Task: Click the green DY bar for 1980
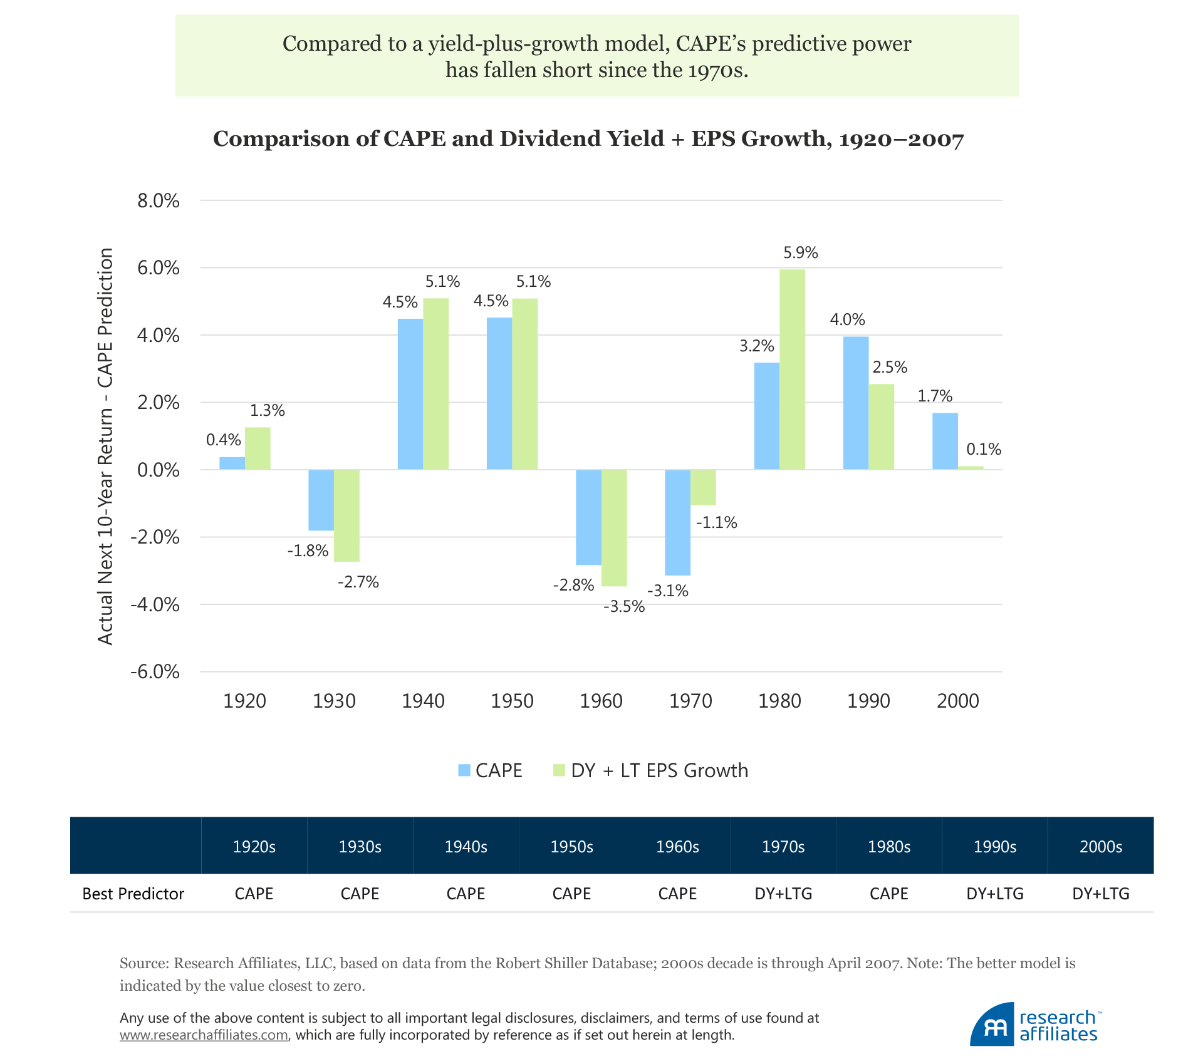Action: (792, 369)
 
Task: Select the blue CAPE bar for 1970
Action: (677, 522)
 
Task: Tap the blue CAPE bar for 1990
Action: (856, 403)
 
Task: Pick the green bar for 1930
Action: (346, 515)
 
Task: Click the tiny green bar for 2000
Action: (971, 467)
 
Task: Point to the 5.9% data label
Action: (800, 252)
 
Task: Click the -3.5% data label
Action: (623, 606)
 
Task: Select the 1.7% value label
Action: (934, 396)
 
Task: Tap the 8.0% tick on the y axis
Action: (159, 201)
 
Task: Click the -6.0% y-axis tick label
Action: (155, 672)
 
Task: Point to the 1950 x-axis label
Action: (512, 701)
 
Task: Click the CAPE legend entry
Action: (490, 770)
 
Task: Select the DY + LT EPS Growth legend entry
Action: (650, 770)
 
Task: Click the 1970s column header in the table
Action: (783, 847)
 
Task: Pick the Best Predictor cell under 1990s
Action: (995, 894)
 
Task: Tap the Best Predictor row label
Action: (133, 894)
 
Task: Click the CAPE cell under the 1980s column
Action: (888, 894)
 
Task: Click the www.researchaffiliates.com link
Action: (204, 1035)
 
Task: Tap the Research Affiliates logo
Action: (1034, 1025)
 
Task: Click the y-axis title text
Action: (105, 446)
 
